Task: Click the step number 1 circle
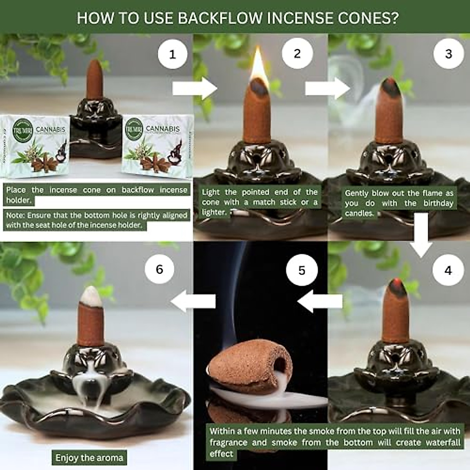tap(173, 54)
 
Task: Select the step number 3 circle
tap(448, 54)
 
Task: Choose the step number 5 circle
tap(302, 270)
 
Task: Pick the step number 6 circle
tap(159, 269)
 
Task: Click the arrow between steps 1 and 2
tap(195, 89)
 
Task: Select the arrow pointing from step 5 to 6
tap(194, 301)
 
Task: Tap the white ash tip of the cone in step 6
tap(91, 295)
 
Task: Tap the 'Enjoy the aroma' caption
tap(89, 457)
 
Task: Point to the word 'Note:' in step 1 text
tap(15, 215)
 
